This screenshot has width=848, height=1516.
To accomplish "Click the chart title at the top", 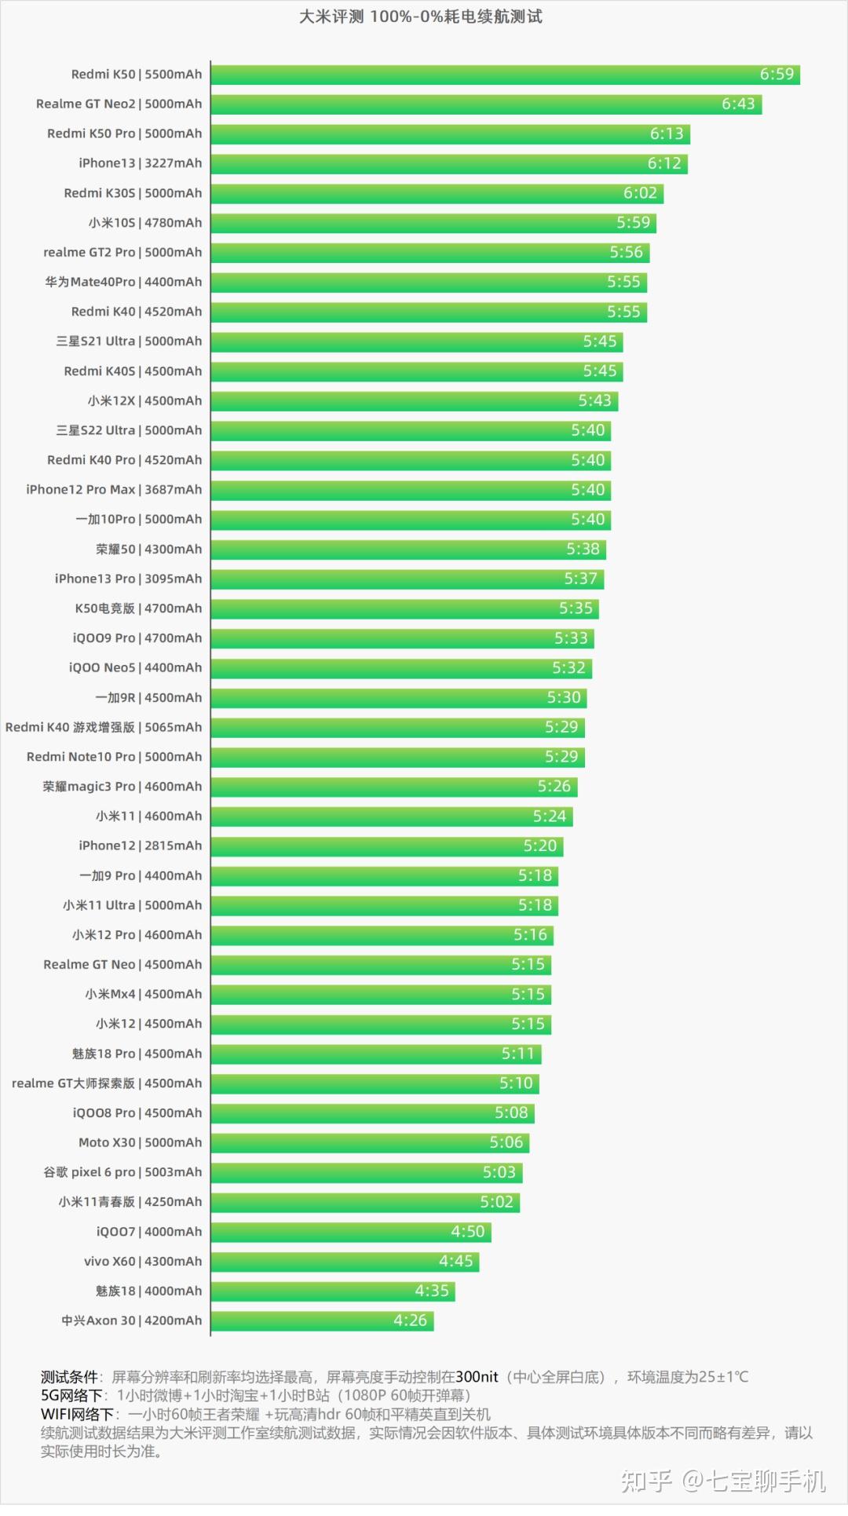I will pos(420,16).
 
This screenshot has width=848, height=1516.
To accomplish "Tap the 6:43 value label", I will pos(738,104).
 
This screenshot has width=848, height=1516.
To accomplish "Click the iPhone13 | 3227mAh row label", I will pos(140,163).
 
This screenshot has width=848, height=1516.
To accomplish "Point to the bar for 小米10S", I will pos(432,223).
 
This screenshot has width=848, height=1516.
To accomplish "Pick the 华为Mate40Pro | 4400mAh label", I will pos(123,282).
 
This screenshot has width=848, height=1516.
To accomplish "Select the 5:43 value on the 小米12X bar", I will pos(594,401).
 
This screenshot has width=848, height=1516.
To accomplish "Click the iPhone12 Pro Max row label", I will pos(114,490).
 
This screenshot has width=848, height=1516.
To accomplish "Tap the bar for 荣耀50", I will pos(408,550).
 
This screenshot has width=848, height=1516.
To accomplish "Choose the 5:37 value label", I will pos(580,579).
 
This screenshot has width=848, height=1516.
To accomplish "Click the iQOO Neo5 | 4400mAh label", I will pos(135,668).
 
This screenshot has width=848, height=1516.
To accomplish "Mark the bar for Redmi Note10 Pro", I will pos(397,758).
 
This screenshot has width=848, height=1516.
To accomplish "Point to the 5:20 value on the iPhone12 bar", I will pos(540,846).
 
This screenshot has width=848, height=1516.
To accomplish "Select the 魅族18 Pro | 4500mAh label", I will pos(137,1054).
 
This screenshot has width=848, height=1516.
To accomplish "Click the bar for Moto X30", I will pos(369,1143).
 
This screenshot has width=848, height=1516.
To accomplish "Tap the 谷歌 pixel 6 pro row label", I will pos(122,1173).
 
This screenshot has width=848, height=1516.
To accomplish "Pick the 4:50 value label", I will pos(467,1233).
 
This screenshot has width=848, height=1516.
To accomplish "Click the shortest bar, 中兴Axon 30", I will pos(322,1321).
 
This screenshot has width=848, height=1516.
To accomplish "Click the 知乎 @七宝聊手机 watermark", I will pos(722,1481).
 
